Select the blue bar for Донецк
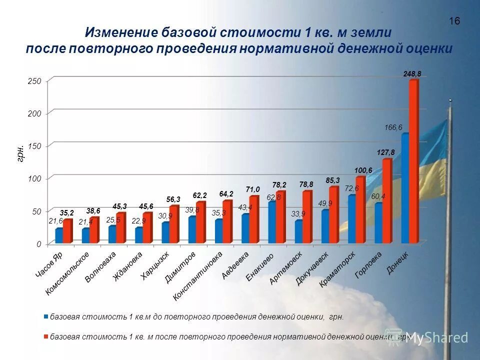pos(405,187)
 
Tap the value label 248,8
pos(412,73)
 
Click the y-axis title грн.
pos(20,152)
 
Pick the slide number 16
pos(454,21)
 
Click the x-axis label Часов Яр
pos(49,264)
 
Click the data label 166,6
pos(393,127)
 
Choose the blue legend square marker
pos(46,316)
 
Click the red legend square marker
pos(46,336)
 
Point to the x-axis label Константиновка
pos(197,275)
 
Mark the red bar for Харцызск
pos(173,224)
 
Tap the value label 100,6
pos(363,170)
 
